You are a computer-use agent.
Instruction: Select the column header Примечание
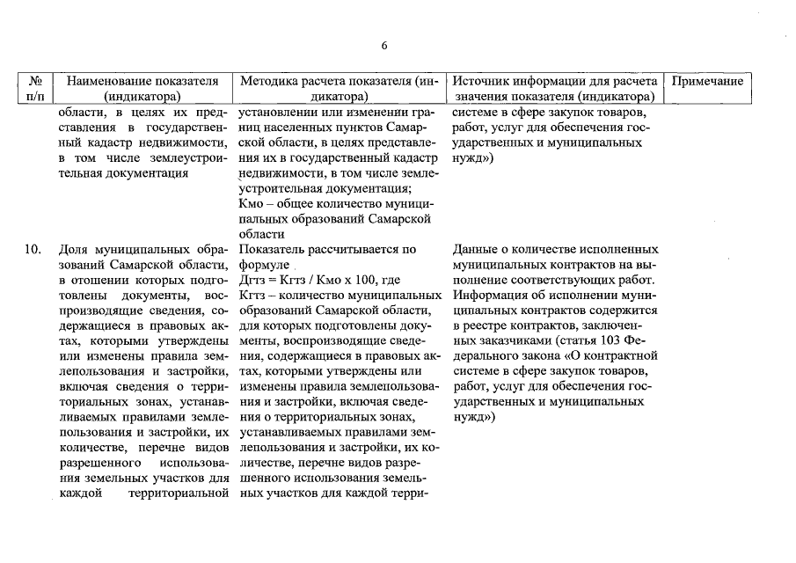(707, 81)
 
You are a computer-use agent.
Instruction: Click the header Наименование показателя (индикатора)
(142, 88)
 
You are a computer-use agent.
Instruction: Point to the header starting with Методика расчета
(339, 88)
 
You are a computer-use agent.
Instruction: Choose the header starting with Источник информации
(555, 88)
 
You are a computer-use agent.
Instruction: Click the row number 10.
(33, 249)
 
